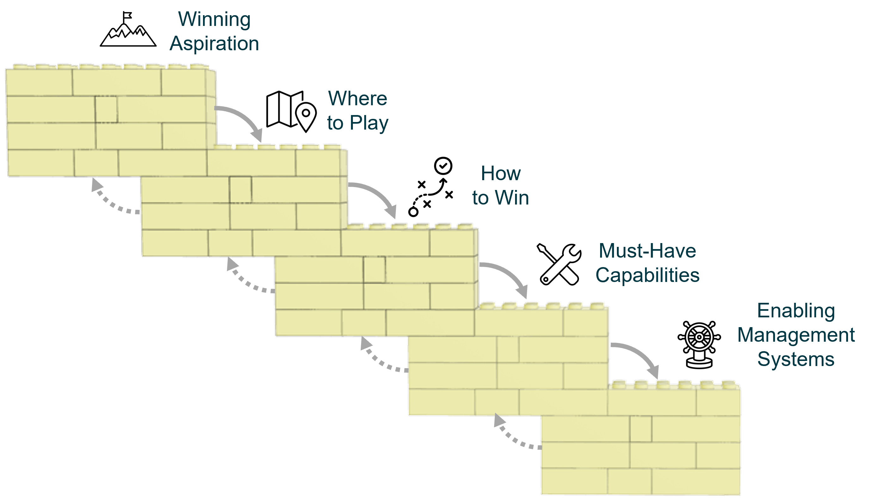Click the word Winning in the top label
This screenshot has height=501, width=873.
coord(214,20)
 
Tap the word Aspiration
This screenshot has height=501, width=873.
coord(214,44)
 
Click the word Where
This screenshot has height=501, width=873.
coord(358,98)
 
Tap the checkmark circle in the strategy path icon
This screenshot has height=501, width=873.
coord(443,166)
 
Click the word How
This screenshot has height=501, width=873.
coord(500,173)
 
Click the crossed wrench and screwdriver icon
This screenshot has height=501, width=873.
coord(559,264)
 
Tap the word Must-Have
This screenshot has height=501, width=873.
coord(647,251)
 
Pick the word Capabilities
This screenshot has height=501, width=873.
coord(647,275)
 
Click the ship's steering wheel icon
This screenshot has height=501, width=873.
coord(699,345)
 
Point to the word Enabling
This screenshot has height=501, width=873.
coord(796,311)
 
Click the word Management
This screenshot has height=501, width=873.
coord(796,335)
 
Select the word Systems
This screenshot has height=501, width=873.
coord(796,359)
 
